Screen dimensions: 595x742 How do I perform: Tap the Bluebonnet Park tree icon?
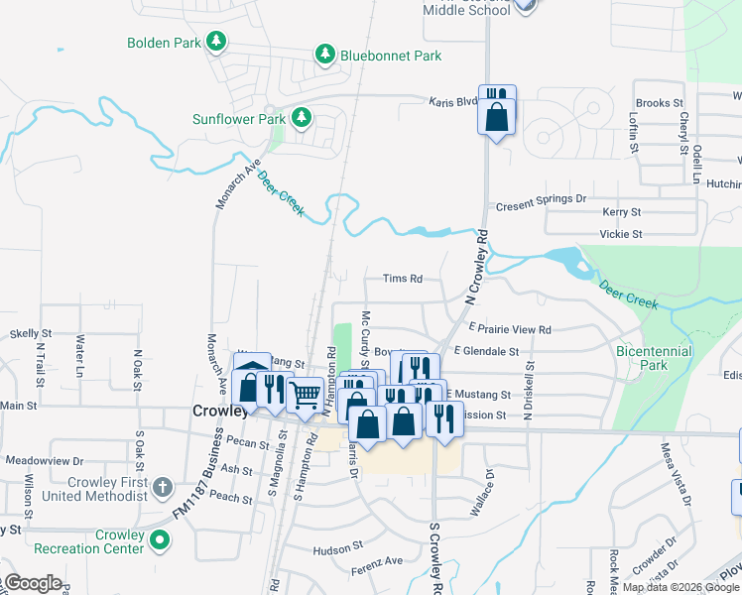coord(324,56)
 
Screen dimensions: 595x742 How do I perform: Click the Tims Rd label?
coord(404,279)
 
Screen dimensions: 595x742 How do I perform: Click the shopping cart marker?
coord(305,396)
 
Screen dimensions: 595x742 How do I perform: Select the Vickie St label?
coord(622,235)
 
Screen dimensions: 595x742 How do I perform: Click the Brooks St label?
coord(659,103)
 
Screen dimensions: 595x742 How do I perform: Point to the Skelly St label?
coord(30,333)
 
